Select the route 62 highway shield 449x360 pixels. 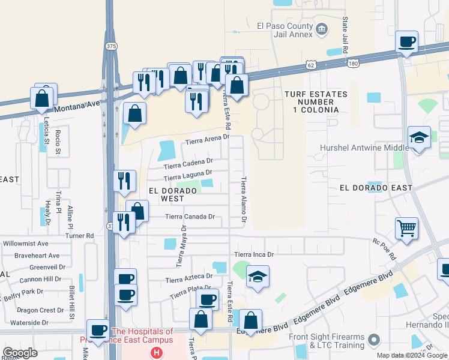point(309,64)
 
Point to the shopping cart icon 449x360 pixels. point(406,228)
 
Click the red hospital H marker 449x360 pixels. point(157,353)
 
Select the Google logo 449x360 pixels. point(20,353)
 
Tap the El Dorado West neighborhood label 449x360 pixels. point(172,194)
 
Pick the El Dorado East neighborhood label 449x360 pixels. point(376,188)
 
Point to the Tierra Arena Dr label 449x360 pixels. point(207,140)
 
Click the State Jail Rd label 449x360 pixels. point(345,35)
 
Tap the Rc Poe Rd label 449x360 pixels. point(384,249)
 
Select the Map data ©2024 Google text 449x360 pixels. point(412,355)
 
